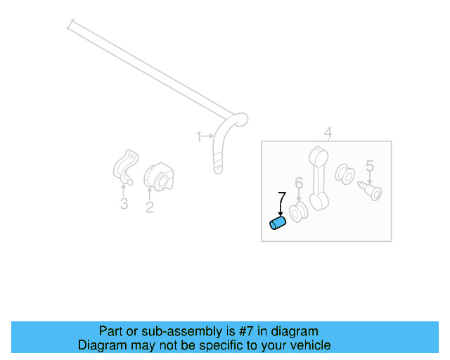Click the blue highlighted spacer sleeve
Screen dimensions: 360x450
click(278, 224)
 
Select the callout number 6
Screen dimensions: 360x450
click(299, 184)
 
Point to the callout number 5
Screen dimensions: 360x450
click(369, 167)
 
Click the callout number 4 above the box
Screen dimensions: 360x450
click(328, 133)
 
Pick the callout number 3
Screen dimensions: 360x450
click(124, 205)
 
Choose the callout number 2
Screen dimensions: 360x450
click(150, 207)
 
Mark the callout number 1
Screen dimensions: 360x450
click(199, 136)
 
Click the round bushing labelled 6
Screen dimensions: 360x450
click(300, 212)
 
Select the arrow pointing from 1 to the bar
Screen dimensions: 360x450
click(208, 136)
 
